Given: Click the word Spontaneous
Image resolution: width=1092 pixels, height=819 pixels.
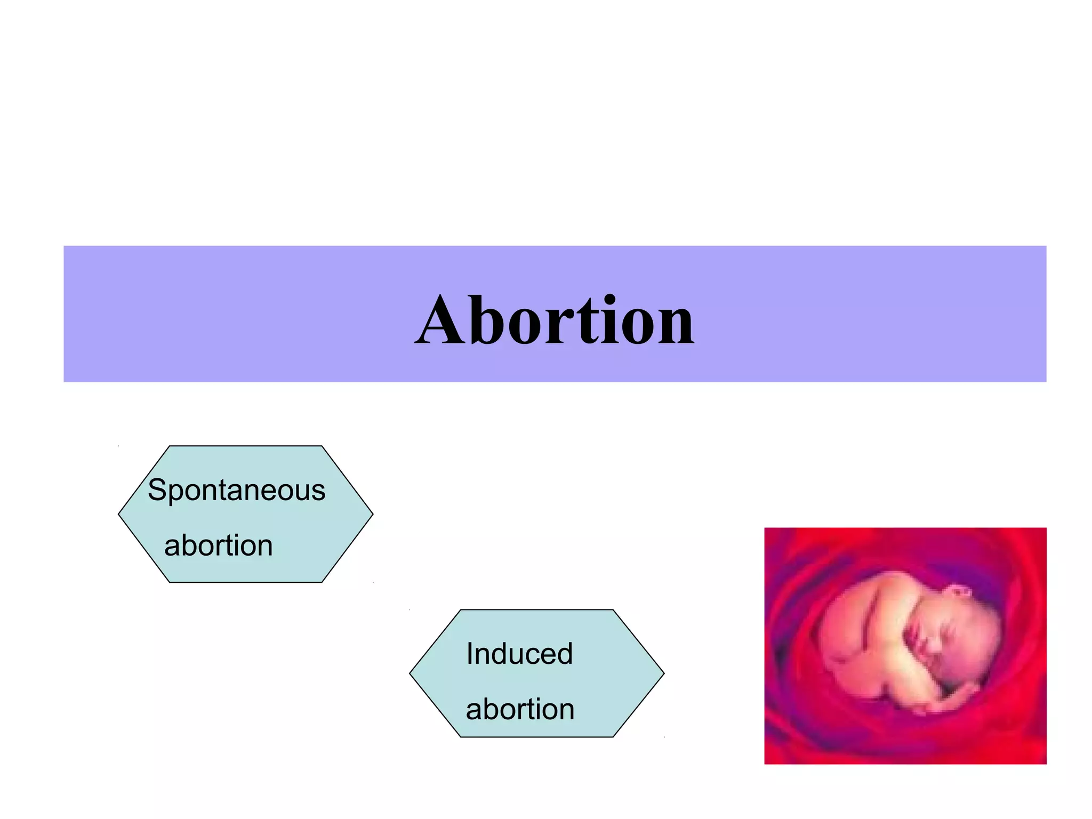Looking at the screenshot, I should [x=236, y=490].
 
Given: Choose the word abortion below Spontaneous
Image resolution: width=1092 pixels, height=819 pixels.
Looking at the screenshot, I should [x=218, y=545].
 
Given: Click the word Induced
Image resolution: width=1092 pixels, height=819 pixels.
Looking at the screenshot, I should [x=519, y=654].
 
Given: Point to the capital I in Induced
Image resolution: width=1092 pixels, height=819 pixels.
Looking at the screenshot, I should [x=470, y=654].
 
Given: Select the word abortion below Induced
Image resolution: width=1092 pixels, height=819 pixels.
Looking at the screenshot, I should [x=520, y=709].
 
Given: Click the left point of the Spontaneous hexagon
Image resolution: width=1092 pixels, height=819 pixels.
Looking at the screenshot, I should [x=119, y=514].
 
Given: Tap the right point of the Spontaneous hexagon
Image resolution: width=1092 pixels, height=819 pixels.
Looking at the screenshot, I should [x=372, y=514].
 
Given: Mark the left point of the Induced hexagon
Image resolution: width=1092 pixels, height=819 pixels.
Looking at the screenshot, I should [x=410, y=673].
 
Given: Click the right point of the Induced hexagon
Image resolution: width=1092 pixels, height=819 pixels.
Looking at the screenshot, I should [x=664, y=673].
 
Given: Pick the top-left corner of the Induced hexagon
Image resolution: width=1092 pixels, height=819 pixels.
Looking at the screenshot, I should [x=461, y=610].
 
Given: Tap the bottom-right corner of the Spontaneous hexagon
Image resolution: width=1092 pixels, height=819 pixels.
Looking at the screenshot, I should [x=322, y=582].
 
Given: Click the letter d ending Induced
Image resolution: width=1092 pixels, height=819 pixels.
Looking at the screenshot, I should [x=563, y=654].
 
